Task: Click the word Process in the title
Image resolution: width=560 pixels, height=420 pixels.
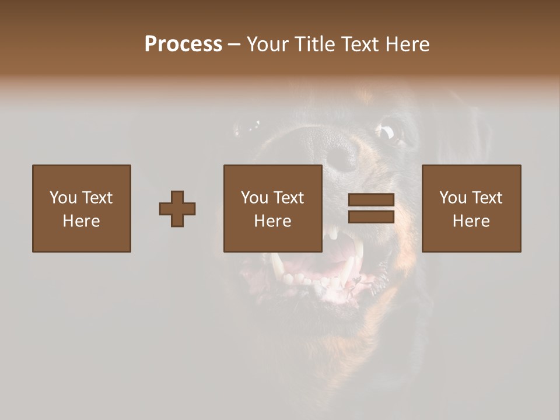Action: pyautogui.click(x=183, y=44)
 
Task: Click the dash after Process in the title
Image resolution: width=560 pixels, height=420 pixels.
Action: pyautogui.click(x=234, y=45)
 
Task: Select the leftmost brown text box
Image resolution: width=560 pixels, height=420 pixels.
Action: pyautogui.click(x=82, y=208)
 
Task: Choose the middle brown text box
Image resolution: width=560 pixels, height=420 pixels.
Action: pyautogui.click(x=273, y=208)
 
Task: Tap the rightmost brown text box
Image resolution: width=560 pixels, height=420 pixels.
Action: pyautogui.click(x=471, y=208)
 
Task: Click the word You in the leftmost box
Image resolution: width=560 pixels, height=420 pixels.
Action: pyautogui.click(x=62, y=198)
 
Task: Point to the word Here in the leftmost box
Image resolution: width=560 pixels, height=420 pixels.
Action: pyautogui.click(x=82, y=221)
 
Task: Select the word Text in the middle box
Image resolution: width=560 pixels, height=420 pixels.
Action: pyautogui.click(x=289, y=198)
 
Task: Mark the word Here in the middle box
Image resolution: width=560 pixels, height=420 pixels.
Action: pyautogui.click(x=273, y=221)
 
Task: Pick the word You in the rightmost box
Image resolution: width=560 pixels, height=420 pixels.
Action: pyautogui.click(x=452, y=198)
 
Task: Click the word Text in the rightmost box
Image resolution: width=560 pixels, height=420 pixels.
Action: pyautogui.click(x=488, y=198)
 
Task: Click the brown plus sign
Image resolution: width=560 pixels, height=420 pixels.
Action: pyautogui.click(x=177, y=208)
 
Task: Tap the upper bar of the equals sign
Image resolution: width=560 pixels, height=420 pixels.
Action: pyautogui.click(x=371, y=200)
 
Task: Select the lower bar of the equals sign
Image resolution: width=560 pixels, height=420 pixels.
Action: pyautogui.click(x=371, y=216)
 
